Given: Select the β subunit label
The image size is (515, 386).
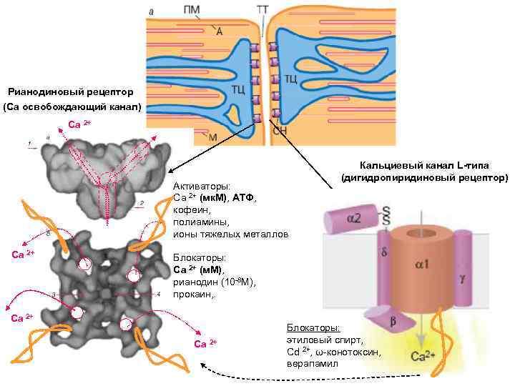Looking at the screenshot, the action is pos(391,323).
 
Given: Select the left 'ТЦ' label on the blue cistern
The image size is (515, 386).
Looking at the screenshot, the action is pos(238,89).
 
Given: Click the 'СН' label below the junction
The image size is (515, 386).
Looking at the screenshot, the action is pos(280,132).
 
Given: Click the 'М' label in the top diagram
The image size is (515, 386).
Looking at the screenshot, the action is pos(212,137).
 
